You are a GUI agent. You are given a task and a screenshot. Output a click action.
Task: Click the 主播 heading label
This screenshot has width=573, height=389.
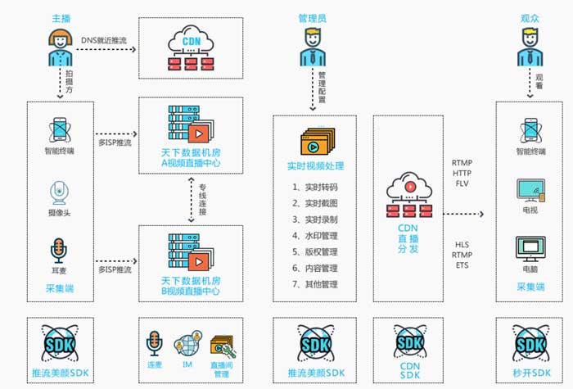click(x=61, y=17)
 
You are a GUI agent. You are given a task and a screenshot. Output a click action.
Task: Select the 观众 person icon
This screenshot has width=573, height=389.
click(x=530, y=47)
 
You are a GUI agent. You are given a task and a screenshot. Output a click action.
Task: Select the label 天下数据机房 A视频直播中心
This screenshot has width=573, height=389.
click(x=191, y=158)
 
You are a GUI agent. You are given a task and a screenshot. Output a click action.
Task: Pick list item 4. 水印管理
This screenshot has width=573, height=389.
click(x=315, y=236)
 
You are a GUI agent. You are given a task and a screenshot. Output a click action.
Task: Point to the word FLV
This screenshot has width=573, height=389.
click(x=461, y=184)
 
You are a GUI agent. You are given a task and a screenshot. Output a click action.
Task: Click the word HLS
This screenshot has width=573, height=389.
click(x=461, y=244)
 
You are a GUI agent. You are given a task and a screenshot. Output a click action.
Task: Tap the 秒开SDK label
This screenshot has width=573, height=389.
click(x=530, y=374)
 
